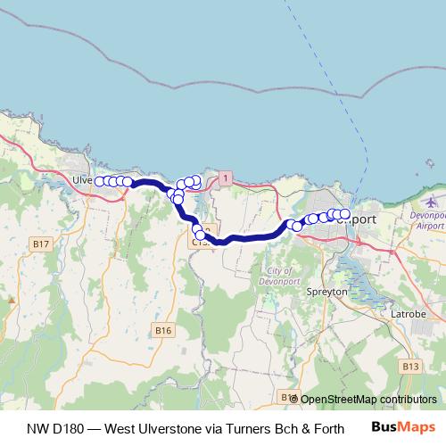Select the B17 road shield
click(40, 244)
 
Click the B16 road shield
click(161, 331)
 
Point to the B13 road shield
click(409, 366)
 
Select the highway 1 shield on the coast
click(227, 178)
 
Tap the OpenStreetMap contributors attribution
click(368, 399)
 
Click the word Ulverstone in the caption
click(169, 428)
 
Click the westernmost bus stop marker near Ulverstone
click(100, 181)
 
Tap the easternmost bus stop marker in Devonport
click(345, 214)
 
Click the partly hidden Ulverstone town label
click(83, 179)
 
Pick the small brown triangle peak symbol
click(12, 300)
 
